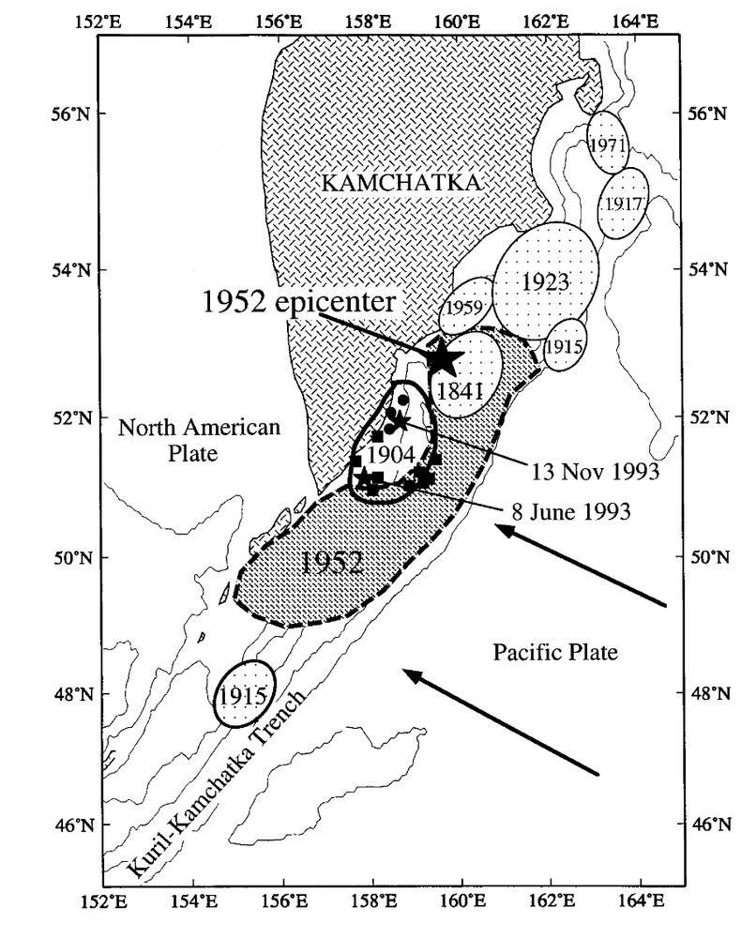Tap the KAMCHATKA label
[x=401, y=182]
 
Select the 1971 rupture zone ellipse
[x=607, y=143]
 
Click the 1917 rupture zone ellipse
[x=624, y=203]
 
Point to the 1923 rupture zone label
[x=544, y=280]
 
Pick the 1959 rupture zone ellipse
[x=466, y=306]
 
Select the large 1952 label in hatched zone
[x=332, y=563]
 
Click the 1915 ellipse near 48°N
[x=244, y=695]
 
